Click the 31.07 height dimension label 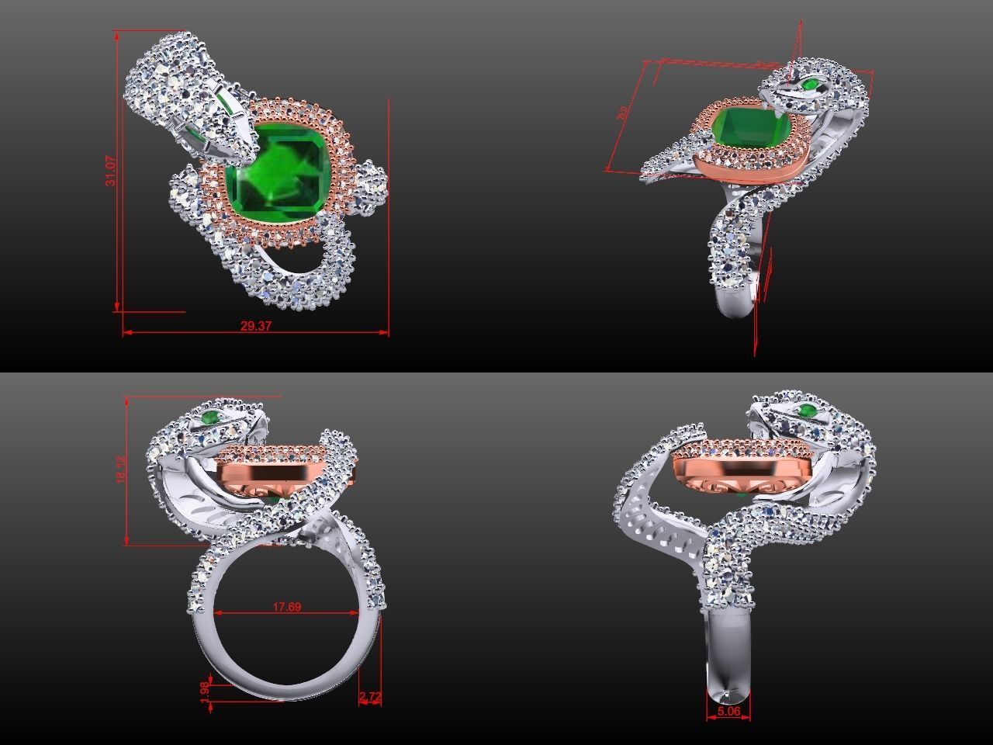112,171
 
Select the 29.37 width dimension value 255,326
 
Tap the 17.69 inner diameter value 286,607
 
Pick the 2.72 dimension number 370,698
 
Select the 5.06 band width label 728,710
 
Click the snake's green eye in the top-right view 812,83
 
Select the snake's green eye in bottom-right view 807,411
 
